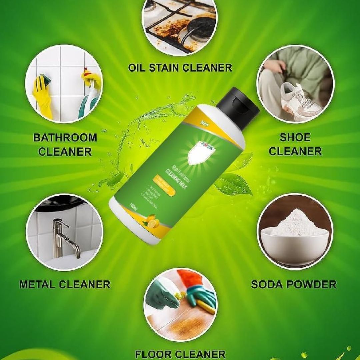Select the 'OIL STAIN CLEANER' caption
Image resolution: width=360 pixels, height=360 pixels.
coord(180,68)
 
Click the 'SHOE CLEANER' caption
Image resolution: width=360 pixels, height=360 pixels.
coord(295,144)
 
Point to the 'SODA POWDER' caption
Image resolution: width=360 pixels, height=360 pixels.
coord(294,284)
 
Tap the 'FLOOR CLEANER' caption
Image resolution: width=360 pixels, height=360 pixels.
coord(180,354)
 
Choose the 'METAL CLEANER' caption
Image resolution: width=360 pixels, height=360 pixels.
coord(65,284)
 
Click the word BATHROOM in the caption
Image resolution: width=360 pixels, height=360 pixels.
coord(65,138)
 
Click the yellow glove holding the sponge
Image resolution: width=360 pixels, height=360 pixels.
coord(42,97)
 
